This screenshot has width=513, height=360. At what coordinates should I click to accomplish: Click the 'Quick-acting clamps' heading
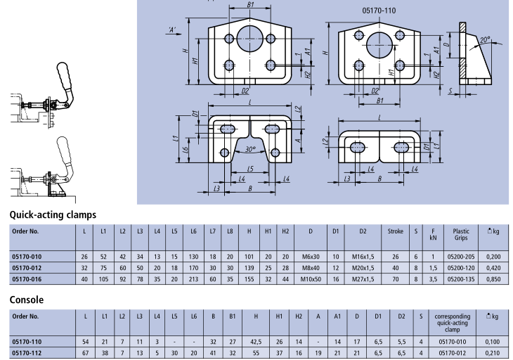pos(53,214)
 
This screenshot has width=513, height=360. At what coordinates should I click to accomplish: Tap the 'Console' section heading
pos(27,300)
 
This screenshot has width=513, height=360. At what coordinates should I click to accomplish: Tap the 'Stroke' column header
pos(395,231)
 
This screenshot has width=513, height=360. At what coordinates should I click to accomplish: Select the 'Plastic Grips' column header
pos(461,234)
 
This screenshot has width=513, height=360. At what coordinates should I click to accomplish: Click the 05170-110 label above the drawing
pos(379,12)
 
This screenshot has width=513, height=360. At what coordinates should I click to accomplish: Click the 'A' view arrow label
pos(171,28)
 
